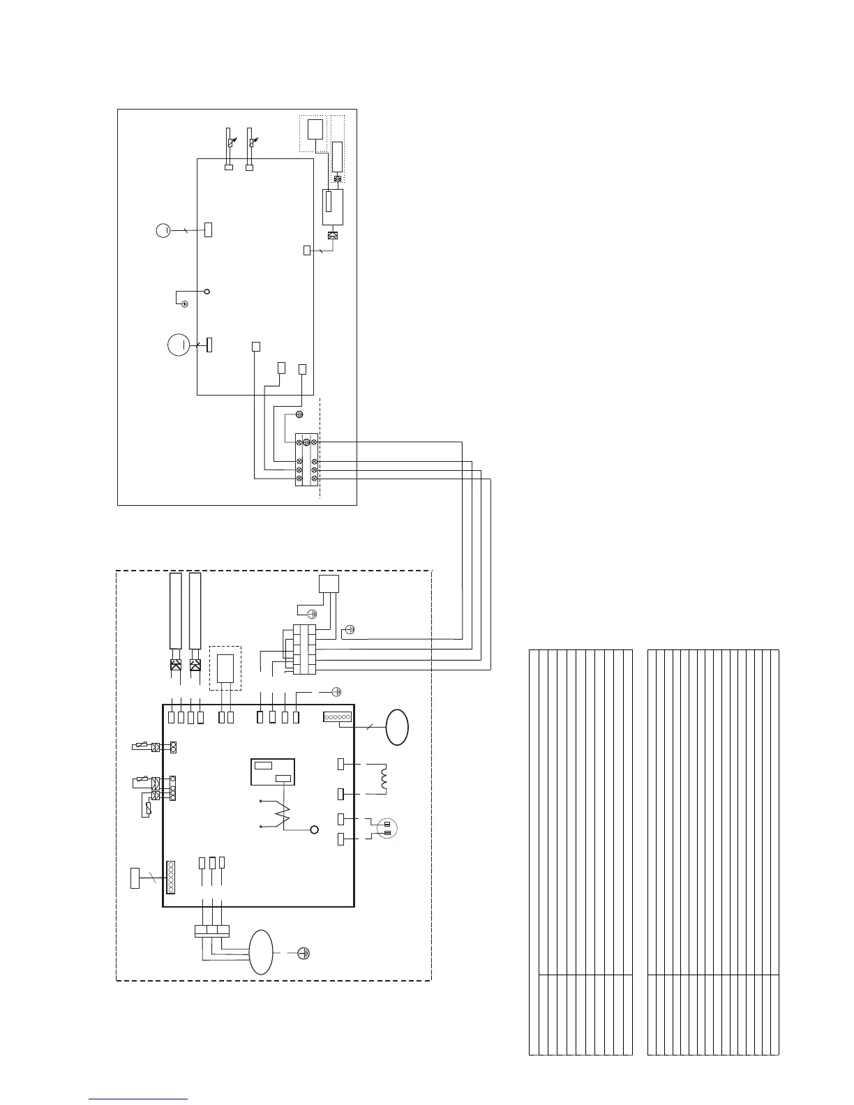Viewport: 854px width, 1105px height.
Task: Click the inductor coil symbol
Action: [382, 779]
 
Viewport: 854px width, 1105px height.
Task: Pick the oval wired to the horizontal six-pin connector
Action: [398, 727]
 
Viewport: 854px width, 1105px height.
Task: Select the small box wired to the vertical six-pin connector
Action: [136, 878]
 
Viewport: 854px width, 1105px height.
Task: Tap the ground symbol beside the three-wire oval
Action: [304, 952]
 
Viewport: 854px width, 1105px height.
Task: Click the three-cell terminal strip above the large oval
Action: [211, 930]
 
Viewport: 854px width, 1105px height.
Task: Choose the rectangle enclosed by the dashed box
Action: [225, 668]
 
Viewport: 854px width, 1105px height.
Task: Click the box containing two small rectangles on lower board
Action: [273, 772]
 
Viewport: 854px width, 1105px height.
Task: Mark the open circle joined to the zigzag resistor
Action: [314, 829]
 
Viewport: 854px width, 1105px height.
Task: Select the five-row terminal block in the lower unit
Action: [305, 649]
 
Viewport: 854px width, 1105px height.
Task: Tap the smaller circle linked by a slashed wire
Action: [163, 230]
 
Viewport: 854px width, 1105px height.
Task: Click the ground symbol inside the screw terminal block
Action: [306, 442]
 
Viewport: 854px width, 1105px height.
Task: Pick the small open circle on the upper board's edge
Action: [207, 291]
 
